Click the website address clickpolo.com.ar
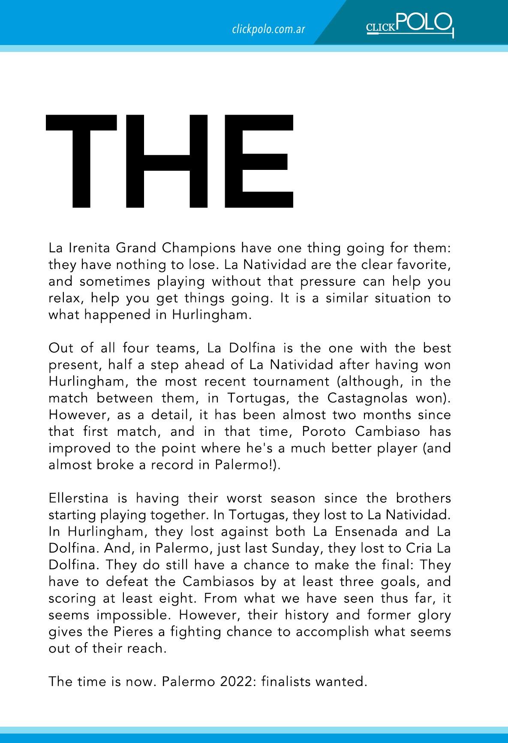tap(268, 30)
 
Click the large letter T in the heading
tap(81, 161)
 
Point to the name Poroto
tap(325, 432)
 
